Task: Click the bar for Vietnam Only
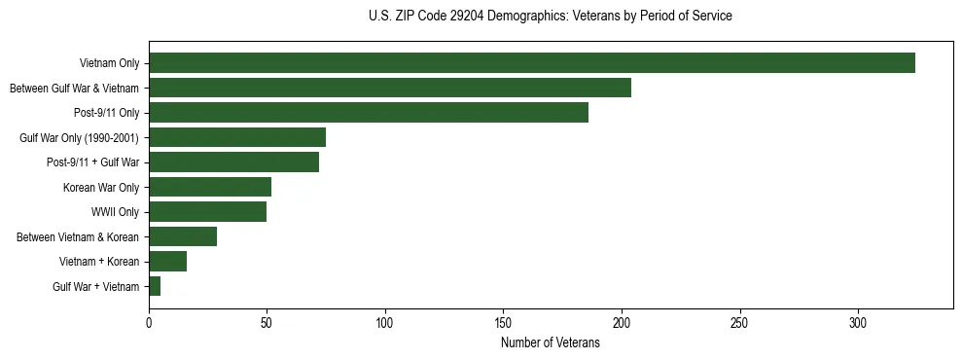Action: pos(532,63)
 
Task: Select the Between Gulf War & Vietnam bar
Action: pos(390,88)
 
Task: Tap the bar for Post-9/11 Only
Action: pos(369,113)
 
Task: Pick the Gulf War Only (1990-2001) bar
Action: pos(237,137)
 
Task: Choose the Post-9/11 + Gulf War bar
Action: pos(233,162)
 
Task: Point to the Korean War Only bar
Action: pos(210,187)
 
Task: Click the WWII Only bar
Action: pos(207,212)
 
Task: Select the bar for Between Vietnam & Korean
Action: pos(183,236)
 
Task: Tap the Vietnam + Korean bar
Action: pos(167,262)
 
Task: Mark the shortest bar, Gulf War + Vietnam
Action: pos(155,286)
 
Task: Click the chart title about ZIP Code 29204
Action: pos(551,17)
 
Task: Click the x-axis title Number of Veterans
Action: pos(551,343)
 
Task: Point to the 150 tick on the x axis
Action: pos(504,322)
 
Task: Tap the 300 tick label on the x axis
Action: pos(858,322)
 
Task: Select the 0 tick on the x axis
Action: pos(149,322)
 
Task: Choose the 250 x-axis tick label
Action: pos(740,322)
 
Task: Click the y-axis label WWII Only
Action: pos(115,212)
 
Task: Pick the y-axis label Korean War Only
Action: pos(101,187)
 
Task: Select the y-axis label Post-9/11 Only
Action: pos(106,113)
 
